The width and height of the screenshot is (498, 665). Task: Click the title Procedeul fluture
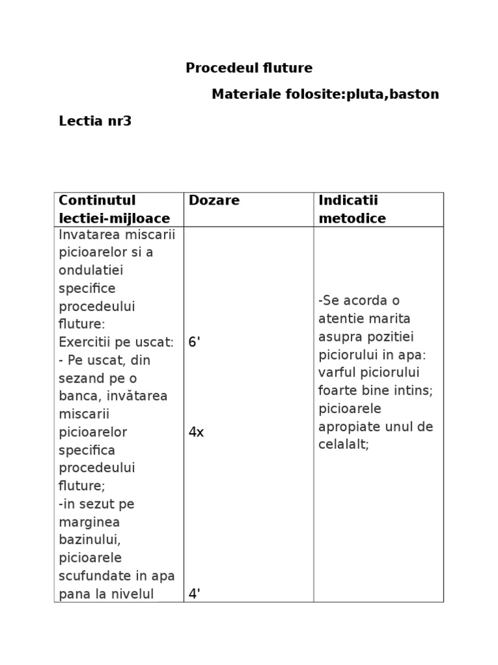249,68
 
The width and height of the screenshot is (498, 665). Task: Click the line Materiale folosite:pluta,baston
325,95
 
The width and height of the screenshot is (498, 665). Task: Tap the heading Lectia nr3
95,121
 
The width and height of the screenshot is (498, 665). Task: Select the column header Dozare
214,201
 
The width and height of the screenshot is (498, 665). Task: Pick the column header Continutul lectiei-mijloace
114,209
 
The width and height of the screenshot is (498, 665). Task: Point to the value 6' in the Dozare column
195,342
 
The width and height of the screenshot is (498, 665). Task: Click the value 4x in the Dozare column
196,433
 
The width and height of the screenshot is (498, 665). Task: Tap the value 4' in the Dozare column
195,594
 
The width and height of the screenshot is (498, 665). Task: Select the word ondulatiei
91,270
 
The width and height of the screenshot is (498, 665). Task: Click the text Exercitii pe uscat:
116,342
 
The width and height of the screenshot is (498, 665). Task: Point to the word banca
77,396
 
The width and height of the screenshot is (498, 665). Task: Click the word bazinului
90,540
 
